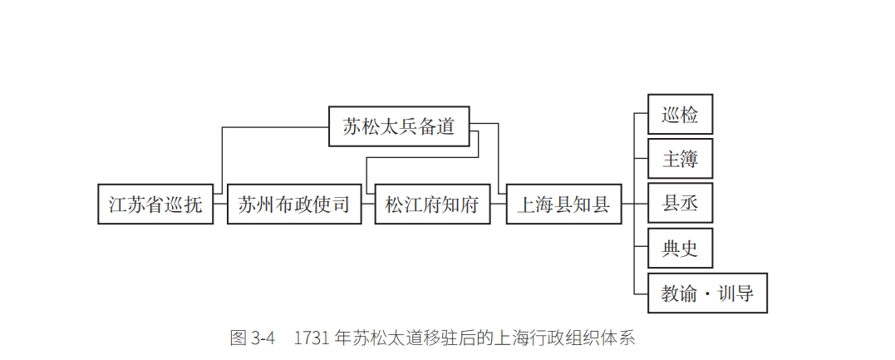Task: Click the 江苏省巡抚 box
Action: click(x=155, y=205)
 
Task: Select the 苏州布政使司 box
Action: click(x=294, y=205)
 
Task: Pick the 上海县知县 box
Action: click(x=563, y=205)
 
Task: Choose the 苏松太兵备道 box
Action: click(x=399, y=126)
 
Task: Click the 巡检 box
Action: click(x=680, y=115)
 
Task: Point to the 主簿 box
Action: click(x=680, y=159)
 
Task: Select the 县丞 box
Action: click(x=680, y=204)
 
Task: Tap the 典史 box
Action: click(x=680, y=248)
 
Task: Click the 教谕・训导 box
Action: click(x=707, y=293)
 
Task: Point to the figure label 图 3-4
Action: click(x=252, y=338)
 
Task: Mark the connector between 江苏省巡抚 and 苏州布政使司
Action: click(x=220, y=205)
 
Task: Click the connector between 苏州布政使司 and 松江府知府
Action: click(x=368, y=205)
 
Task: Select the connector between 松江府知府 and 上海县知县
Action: click(x=499, y=205)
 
